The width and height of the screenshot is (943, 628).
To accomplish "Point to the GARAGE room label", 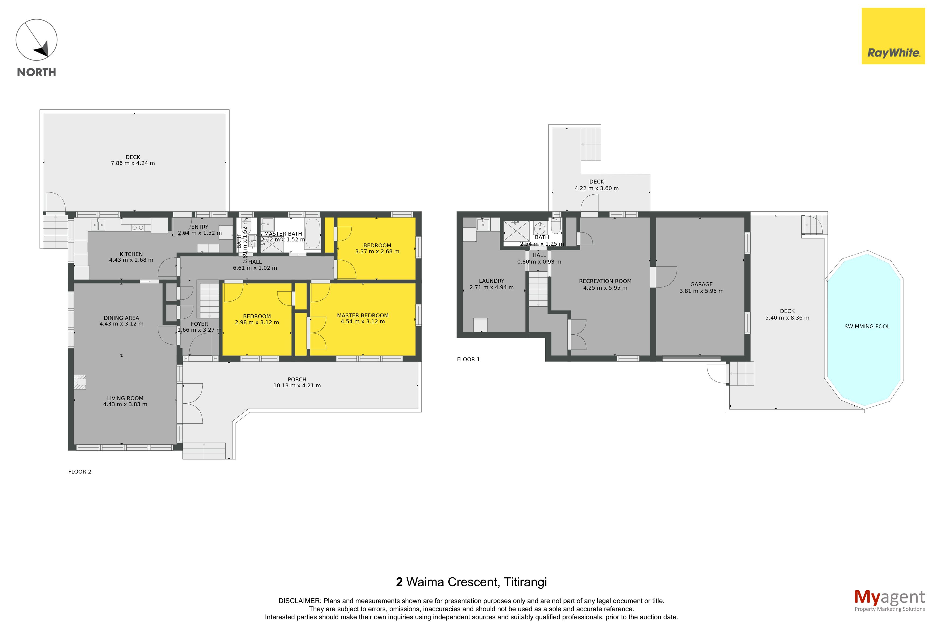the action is [x=701, y=284].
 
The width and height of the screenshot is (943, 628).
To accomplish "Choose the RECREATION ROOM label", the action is [x=605, y=281].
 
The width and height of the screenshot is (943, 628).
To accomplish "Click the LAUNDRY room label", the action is [x=491, y=281].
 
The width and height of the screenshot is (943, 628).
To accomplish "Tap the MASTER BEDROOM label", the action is [x=363, y=315].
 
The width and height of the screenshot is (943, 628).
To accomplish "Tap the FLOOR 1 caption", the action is [x=468, y=359].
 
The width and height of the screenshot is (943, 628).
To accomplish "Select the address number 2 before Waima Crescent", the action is [x=399, y=582].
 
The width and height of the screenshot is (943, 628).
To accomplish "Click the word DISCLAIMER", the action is [x=299, y=601].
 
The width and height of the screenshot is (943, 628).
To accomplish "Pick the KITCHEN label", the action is [x=131, y=254].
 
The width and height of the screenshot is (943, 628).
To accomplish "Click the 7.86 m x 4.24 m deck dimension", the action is [x=133, y=163].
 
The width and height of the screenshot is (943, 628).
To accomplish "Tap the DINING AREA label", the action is [x=122, y=318].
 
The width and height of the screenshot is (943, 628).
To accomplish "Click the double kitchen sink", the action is [x=98, y=225].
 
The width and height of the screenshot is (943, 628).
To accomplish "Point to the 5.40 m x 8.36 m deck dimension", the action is [x=787, y=318].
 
